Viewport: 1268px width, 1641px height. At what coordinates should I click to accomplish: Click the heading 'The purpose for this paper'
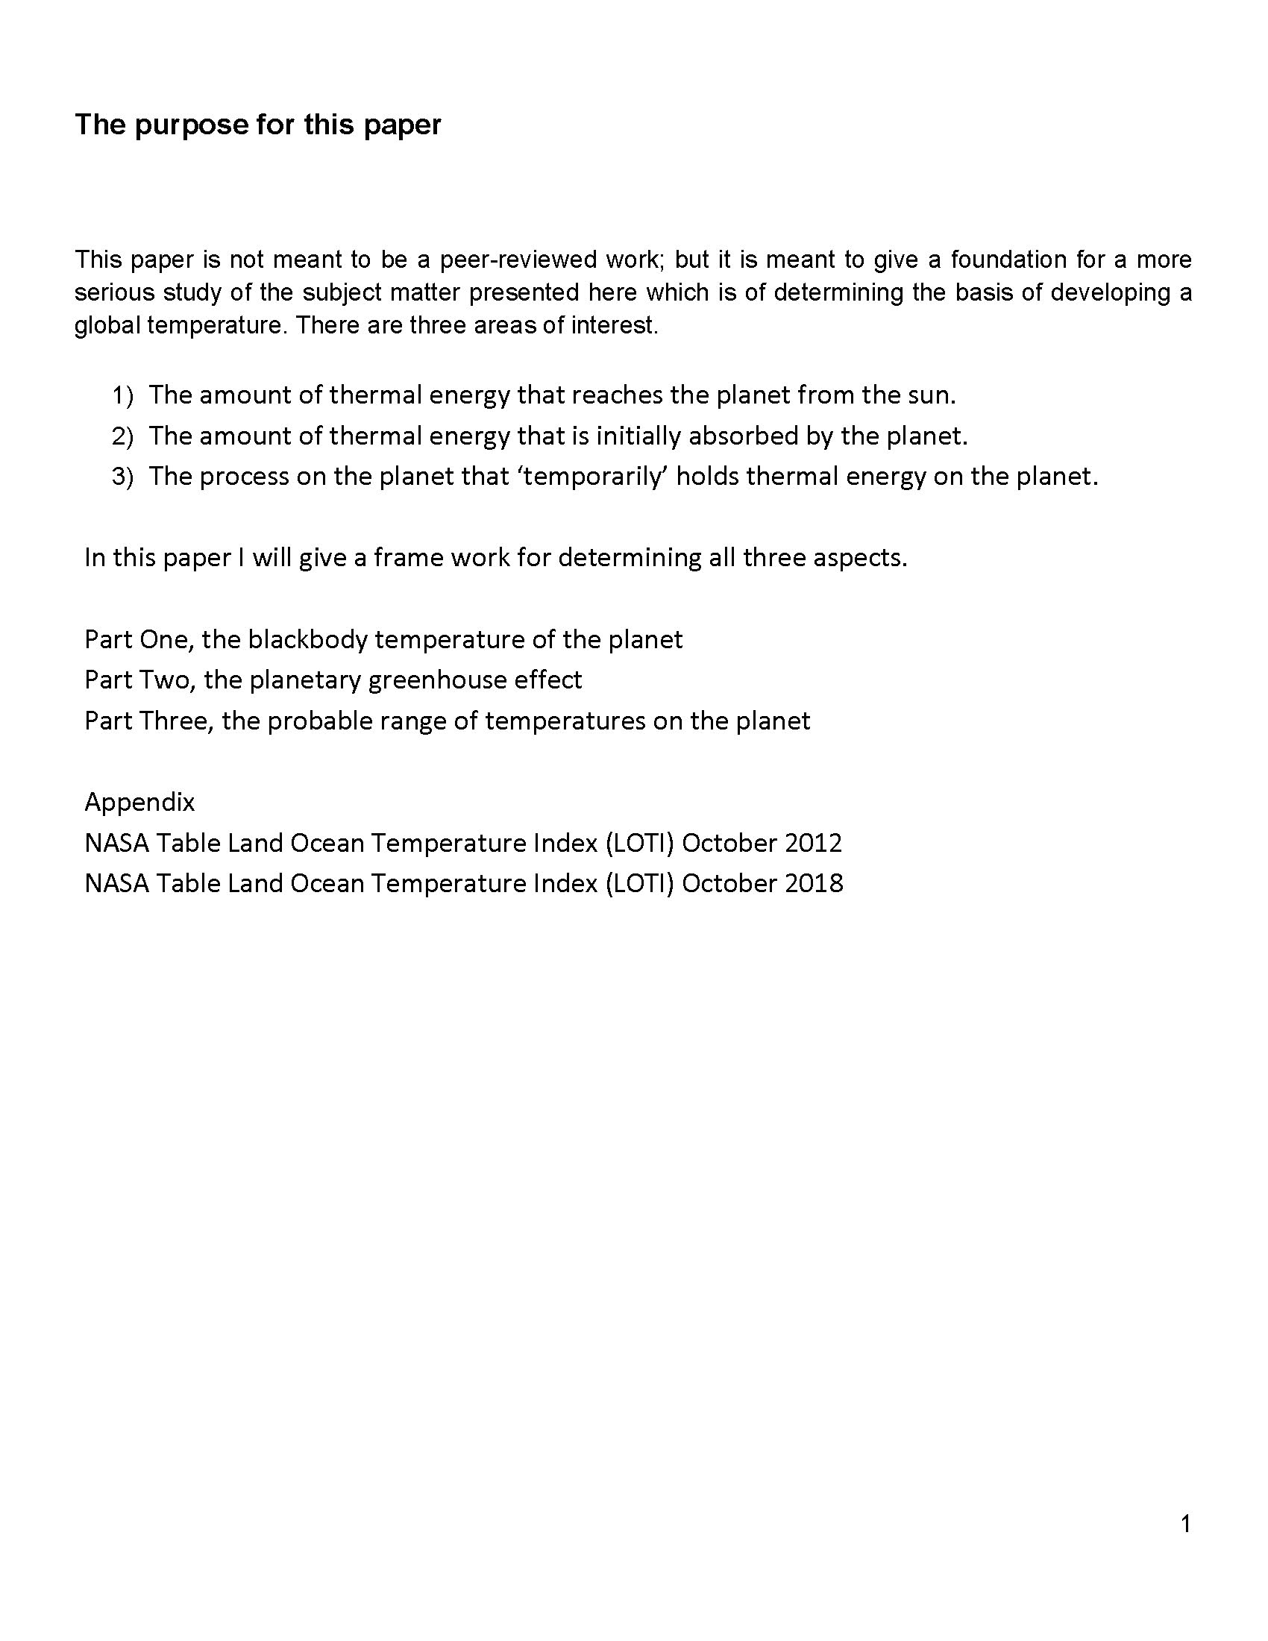(x=257, y=125)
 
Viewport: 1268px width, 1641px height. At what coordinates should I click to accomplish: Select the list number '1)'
(x=122, y=395)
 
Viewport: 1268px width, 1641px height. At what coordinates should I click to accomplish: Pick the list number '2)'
(x=122, y=436)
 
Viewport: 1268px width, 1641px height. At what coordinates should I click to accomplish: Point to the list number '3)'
(x=122, y=477)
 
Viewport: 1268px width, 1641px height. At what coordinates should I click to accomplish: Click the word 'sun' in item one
(x=932, y=395)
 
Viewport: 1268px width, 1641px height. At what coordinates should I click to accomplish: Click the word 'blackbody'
(x=307, y=639)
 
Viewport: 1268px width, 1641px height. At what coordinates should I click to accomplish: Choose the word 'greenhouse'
(x=437, y=680)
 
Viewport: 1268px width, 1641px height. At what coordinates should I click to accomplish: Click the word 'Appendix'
(x=139, y=803)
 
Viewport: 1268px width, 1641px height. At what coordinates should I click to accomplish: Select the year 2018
(x=814, y=884)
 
